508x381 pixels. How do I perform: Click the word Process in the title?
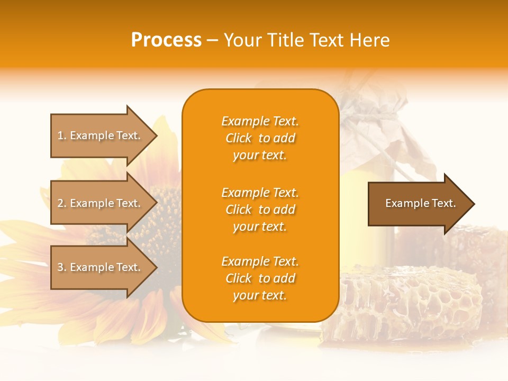coord(166,40)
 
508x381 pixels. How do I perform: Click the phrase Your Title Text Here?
coord(306,40)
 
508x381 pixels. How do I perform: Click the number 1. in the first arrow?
coord(62,136)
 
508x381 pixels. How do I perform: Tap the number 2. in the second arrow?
coord(62,204)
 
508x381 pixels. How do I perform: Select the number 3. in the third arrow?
coord(62,268)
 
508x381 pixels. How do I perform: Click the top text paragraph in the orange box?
coord(260,138)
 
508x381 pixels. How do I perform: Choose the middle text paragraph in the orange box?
coord(260,210)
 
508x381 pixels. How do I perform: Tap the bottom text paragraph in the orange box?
coord(260,278)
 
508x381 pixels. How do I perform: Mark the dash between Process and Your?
coord(212,41)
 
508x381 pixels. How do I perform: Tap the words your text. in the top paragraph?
coord(260,155)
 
